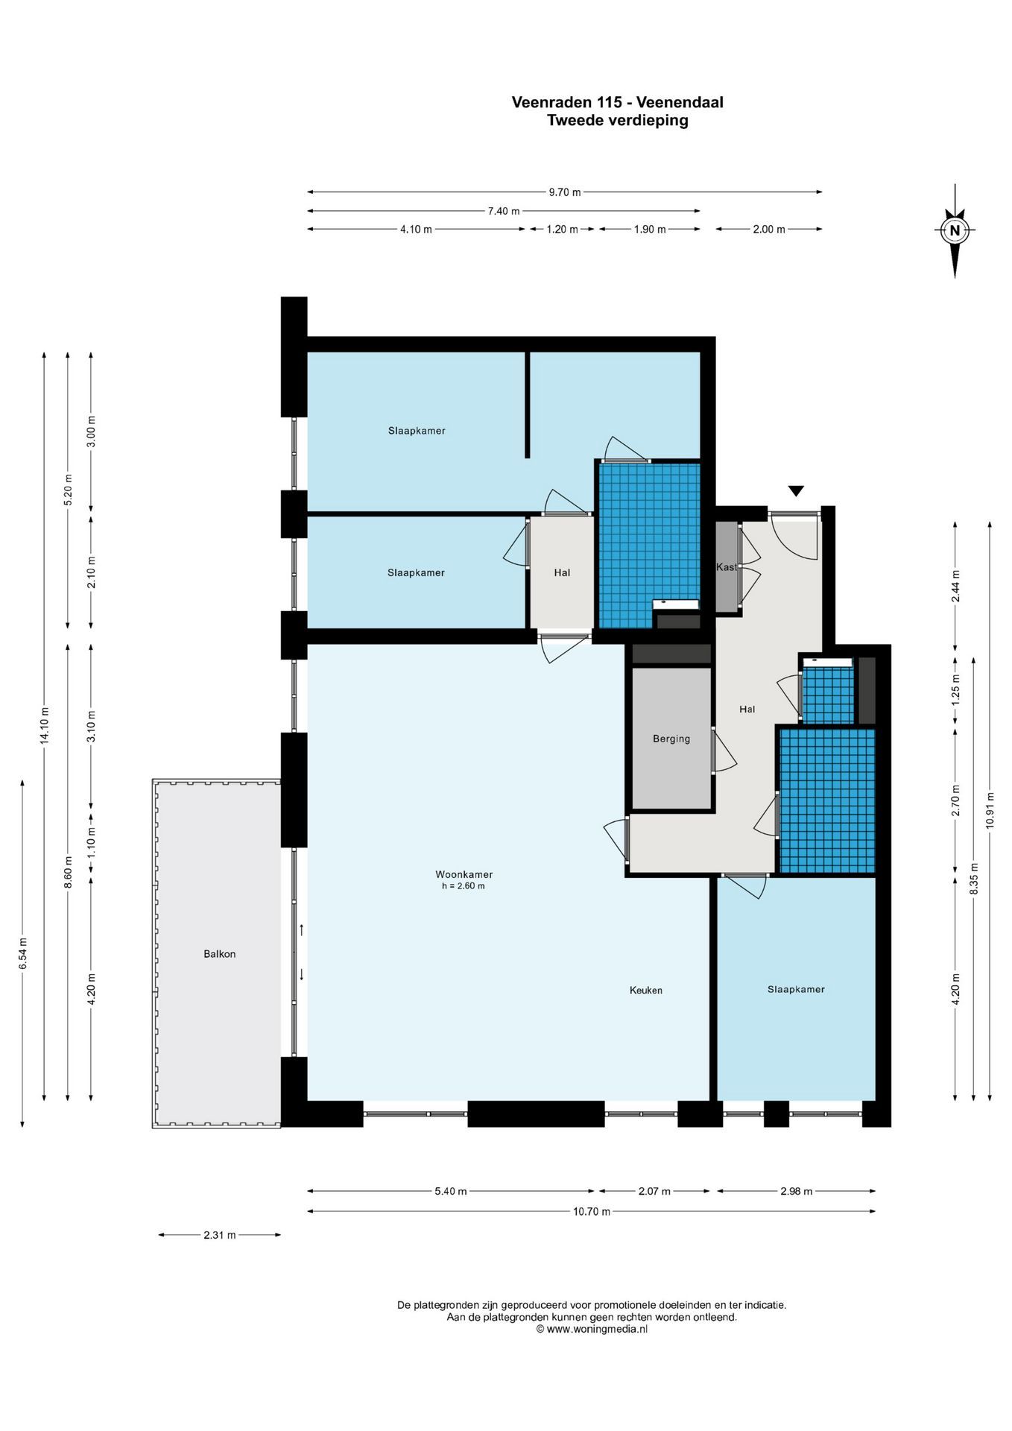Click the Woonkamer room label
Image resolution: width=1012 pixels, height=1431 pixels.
tap(464, 874)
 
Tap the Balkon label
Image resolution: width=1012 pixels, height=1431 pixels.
tap(219, 953)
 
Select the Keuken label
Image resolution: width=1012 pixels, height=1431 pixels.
tap(645, 990)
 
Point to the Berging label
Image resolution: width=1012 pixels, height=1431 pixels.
tap(671, 739)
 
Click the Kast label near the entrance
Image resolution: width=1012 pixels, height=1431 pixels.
tap(726, 566)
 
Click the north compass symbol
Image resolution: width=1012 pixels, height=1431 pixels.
tap(955, 231)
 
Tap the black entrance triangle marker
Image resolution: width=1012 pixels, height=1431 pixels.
tap(796, 491)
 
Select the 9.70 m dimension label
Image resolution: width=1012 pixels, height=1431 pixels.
tap(564, 192)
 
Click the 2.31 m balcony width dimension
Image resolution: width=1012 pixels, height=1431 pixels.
tap(219, 1235)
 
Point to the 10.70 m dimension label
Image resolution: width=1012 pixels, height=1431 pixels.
tap(591, 1211)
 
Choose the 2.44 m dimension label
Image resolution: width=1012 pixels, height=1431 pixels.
tap(955, 586)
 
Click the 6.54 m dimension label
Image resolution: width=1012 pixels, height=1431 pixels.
tap(23, 954)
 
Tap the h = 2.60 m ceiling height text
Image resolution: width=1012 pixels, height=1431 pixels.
tap(463, 886)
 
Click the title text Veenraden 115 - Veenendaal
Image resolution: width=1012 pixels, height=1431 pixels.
tap(617, 102)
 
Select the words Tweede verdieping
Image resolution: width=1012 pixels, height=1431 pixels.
tap(617, 120)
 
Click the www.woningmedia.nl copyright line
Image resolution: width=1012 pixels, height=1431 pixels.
tap(592, 1329)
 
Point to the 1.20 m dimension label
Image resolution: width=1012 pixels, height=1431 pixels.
tap(562, 230)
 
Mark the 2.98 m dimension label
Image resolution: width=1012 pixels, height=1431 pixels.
tap(796, 1191)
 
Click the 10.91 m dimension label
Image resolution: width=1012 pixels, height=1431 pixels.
tap(990, 809)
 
